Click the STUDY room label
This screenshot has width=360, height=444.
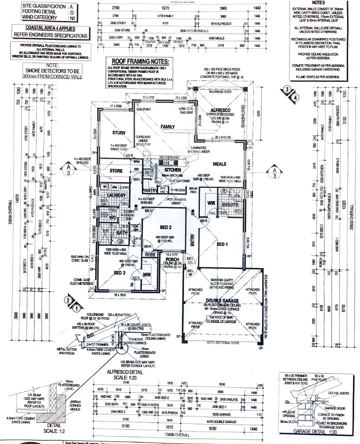click(x=119, y=133)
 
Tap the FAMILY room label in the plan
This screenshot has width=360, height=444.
click(x=168, y=127)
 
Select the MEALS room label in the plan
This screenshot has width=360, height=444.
click(x=219, y=164)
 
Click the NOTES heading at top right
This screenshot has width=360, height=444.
click(x=319, y=2)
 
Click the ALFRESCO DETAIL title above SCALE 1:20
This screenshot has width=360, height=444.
click(x=123, y=373)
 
